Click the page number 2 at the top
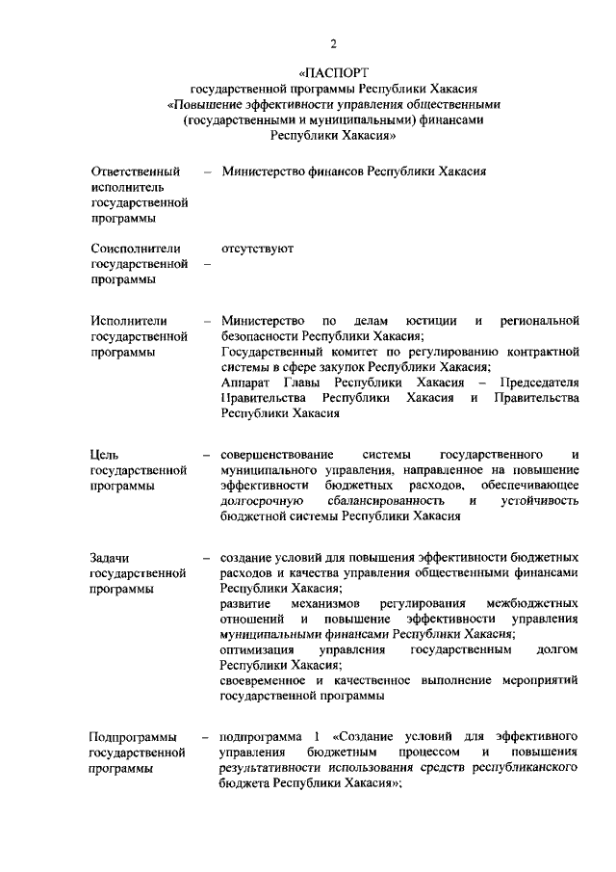333,41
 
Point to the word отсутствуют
257,249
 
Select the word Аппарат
244,383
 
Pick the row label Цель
105,454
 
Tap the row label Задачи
110,558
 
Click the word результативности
274,769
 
